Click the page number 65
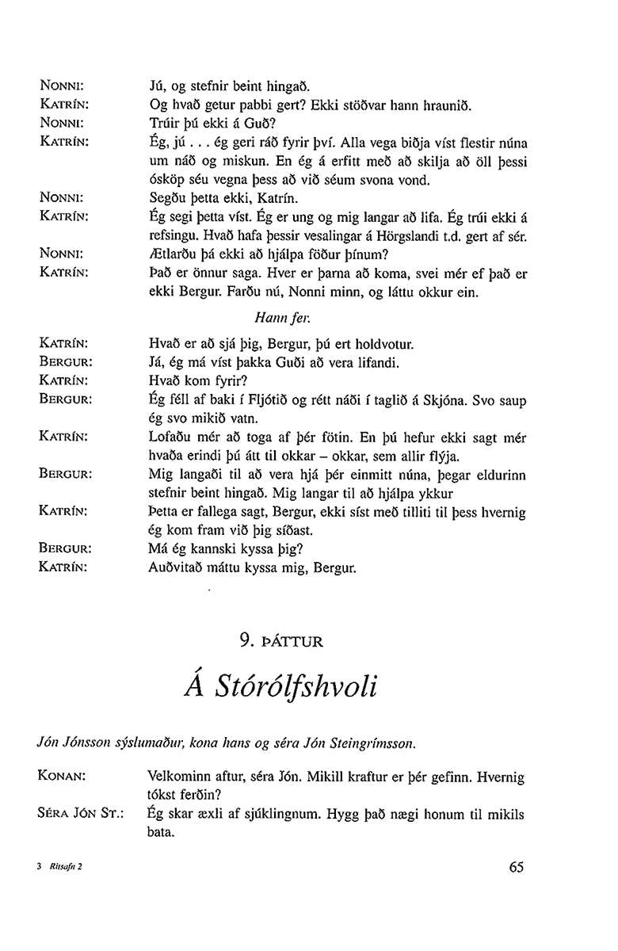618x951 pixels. (x=517, y=867)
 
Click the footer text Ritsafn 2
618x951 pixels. (x=67, y=868)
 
